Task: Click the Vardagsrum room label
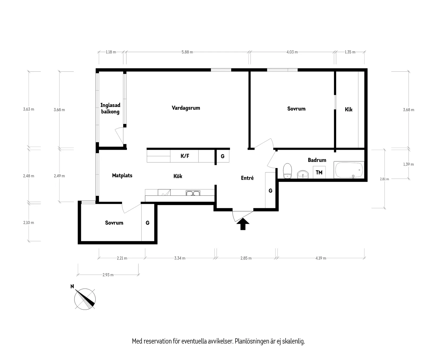[x=186, y=108]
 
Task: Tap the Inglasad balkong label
[x=110, y=109]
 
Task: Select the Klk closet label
[x=349, y=109]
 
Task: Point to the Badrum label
[x=317, y=160]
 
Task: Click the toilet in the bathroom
[x=287, y=171]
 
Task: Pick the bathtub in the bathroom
[x=349, y=170]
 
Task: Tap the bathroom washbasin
[x=303, y=175]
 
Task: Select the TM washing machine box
[x=319, y=172]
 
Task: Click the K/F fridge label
[x=185, y=156]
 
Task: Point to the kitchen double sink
[x=193, y=193]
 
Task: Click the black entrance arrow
[x=243, y=224]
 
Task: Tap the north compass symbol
[x=85, y=299]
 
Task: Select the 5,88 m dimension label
[x=187, y=52]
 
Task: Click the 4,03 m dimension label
[x=292, y=52]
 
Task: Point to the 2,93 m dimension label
[x=108, y=275]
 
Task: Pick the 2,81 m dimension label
[x=384, y=179]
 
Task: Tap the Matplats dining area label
[x=122, y=175]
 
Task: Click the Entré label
[x=247, y=178]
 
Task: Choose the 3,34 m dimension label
[x=180, y=258]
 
